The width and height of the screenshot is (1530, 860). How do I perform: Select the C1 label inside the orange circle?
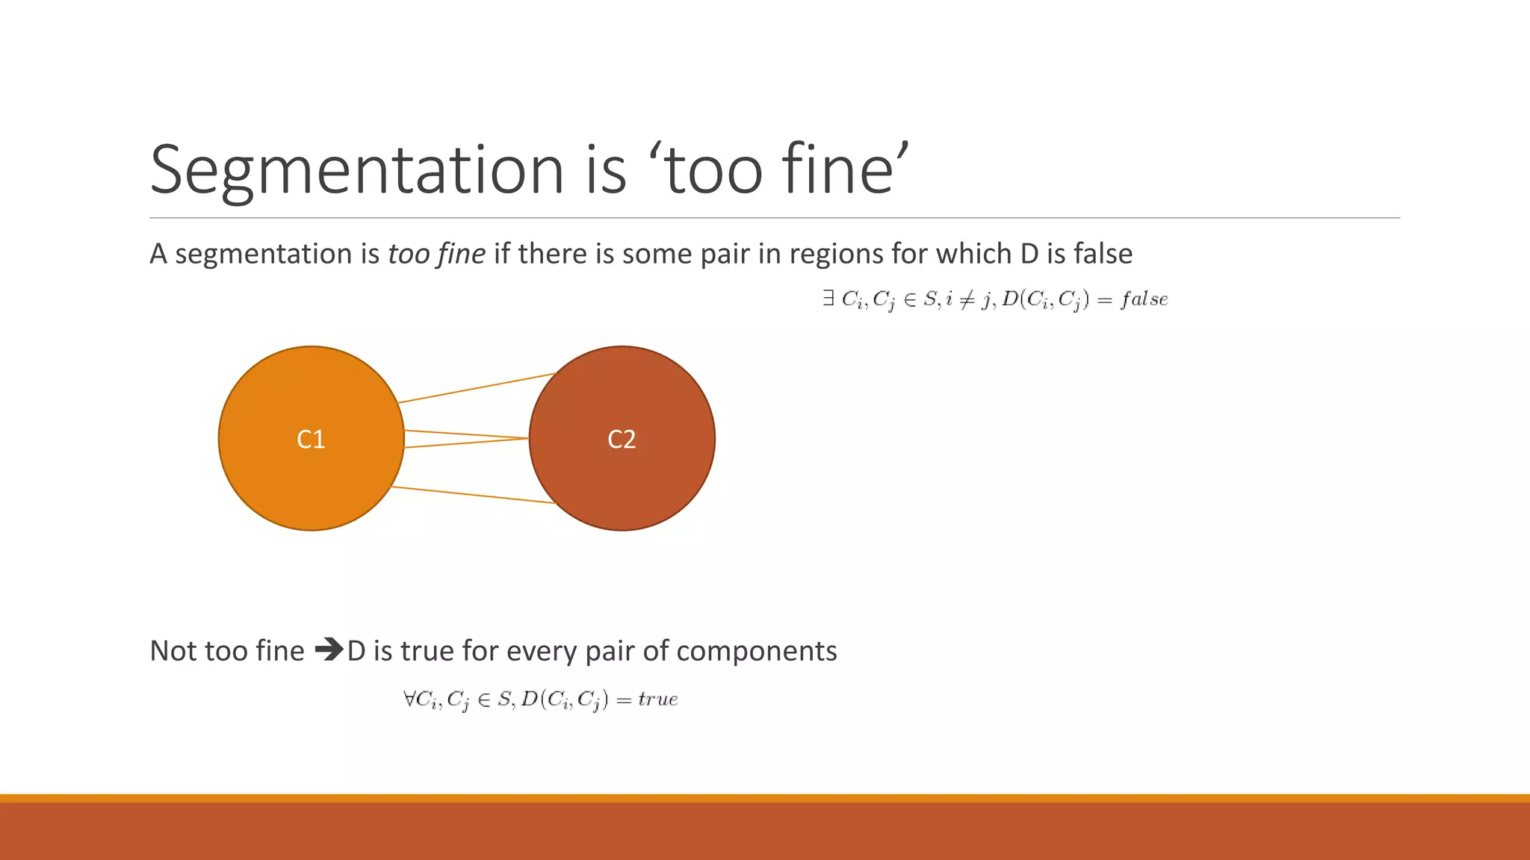[311, 439]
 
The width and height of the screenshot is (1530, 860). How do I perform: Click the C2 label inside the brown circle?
[622, 439]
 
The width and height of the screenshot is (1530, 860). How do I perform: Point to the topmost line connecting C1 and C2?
[475, 388]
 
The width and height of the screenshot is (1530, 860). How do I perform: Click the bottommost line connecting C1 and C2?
[474, 495]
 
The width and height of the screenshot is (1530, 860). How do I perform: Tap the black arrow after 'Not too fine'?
[328, 650]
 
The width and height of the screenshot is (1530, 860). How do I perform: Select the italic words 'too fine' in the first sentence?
[436, 254]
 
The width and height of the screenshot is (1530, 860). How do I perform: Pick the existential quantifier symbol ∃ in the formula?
[828, 299]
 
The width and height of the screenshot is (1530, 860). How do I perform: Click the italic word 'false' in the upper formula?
[1144, 299]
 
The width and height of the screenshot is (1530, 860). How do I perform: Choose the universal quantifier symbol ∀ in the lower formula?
[409, 699]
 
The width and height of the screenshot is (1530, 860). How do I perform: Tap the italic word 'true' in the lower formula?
[657, 699]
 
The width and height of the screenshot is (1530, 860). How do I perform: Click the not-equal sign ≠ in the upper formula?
[966, 299]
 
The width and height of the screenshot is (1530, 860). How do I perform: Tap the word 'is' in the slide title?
[606, 170]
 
